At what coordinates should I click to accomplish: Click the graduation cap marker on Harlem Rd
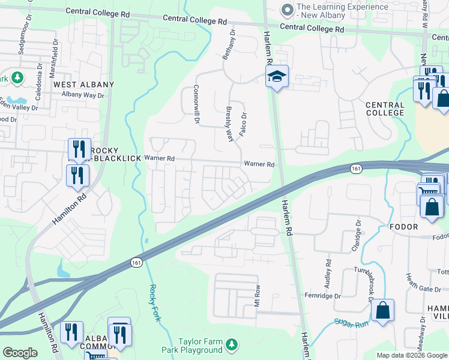click(x=277, y=77)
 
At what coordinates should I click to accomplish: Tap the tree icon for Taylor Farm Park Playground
click(x=231, y=345)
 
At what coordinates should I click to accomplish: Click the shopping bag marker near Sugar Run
click(x=382, y=311)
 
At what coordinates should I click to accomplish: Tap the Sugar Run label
click(x=350, y=323)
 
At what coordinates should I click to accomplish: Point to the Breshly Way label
click(x=229, y=124)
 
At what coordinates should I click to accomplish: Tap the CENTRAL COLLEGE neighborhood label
click(x=385, y=109)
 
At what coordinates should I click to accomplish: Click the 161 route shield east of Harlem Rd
click(x=357, y=169)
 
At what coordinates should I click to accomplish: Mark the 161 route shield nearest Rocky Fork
click(x=136, y=263)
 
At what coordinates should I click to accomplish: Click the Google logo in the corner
click(x=20, y=353)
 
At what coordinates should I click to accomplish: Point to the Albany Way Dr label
click(x=83, y=95)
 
